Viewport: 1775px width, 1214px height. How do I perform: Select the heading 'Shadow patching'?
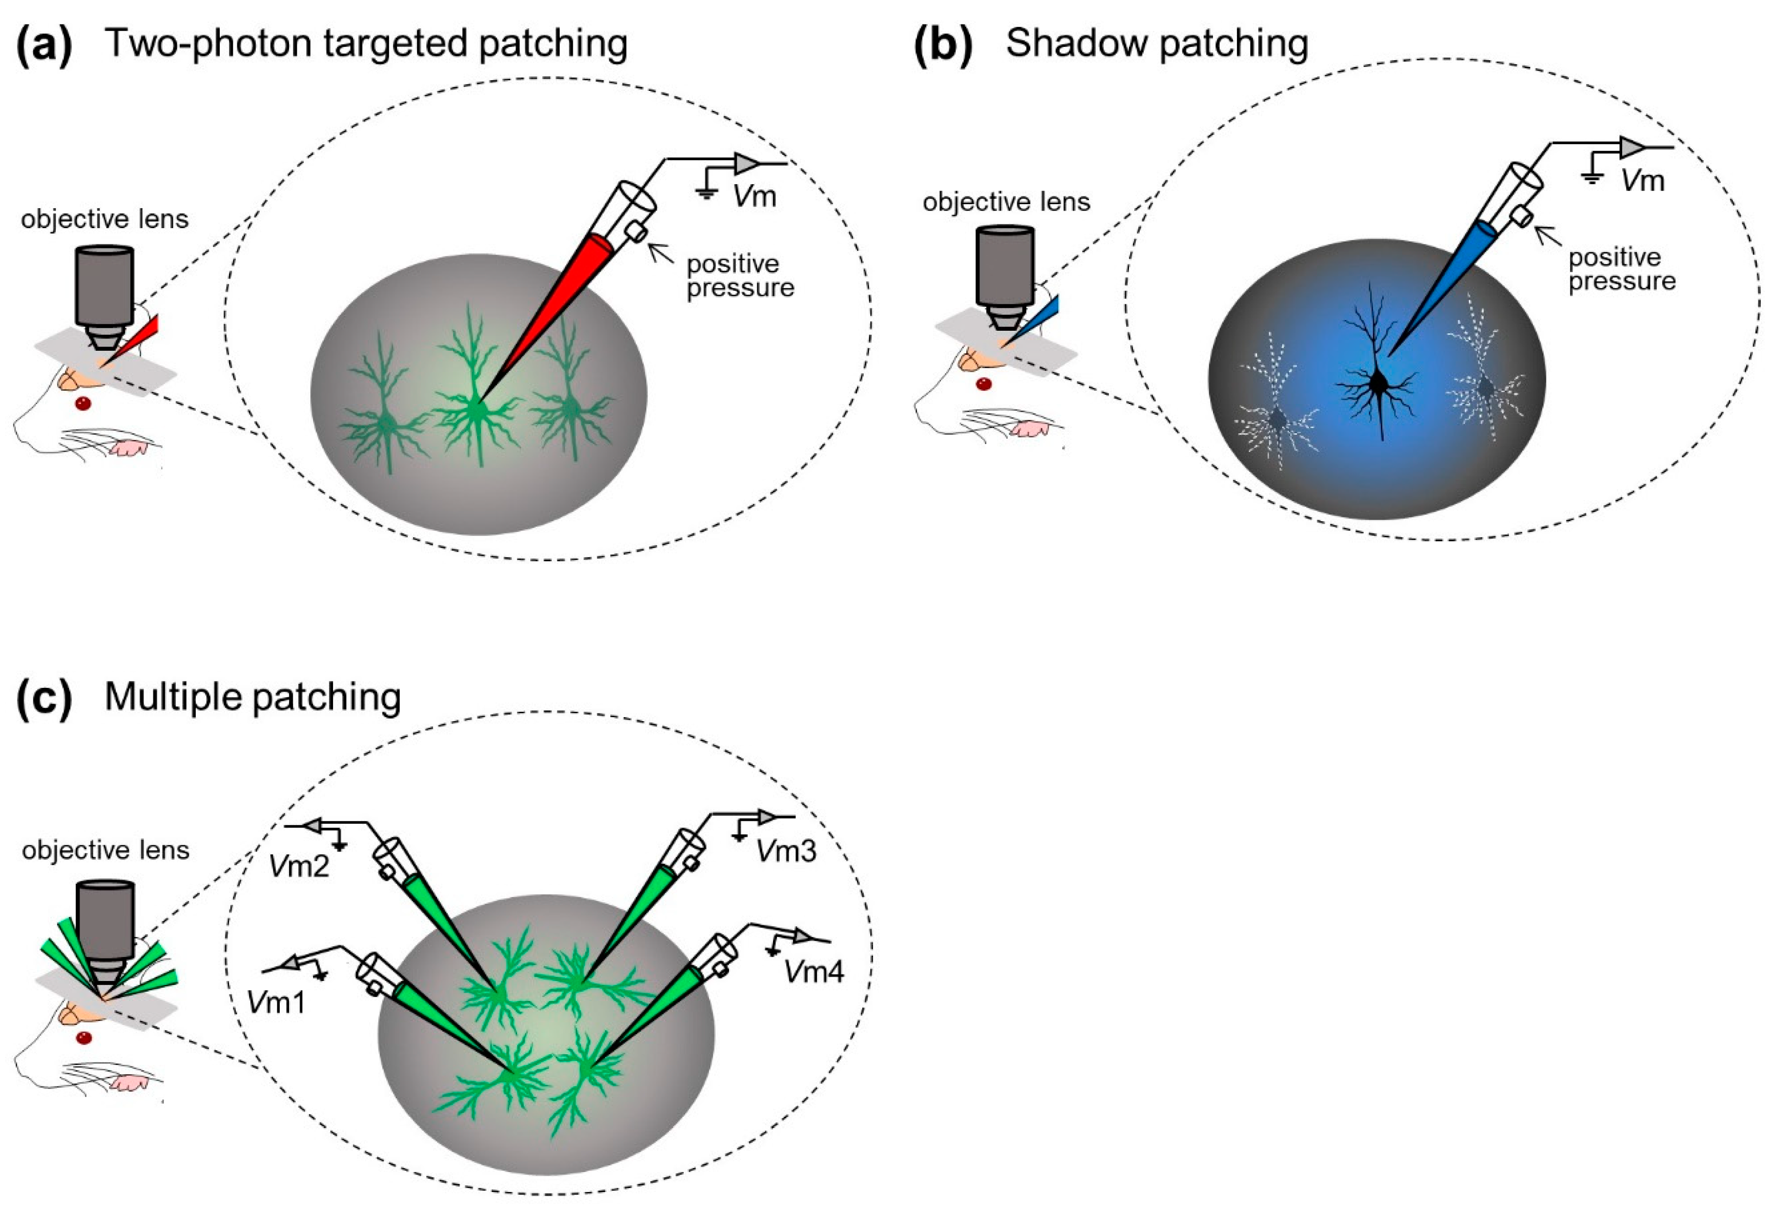point(1156,43)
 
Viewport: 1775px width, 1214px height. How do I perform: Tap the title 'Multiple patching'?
point(253,697)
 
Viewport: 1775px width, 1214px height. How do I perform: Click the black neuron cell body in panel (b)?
point(1378,383)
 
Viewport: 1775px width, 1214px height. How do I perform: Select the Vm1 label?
point(276,1001)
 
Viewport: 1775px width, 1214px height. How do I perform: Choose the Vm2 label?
point(299,866)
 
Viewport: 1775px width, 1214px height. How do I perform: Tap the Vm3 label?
point(786,851)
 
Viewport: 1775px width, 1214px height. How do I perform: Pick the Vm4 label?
point(814,973)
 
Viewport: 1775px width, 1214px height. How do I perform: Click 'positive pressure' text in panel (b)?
point(1622,269)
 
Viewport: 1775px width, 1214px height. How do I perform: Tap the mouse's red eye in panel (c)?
point(84,1038)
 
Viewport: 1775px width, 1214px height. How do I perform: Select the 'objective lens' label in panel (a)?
point(104,219)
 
